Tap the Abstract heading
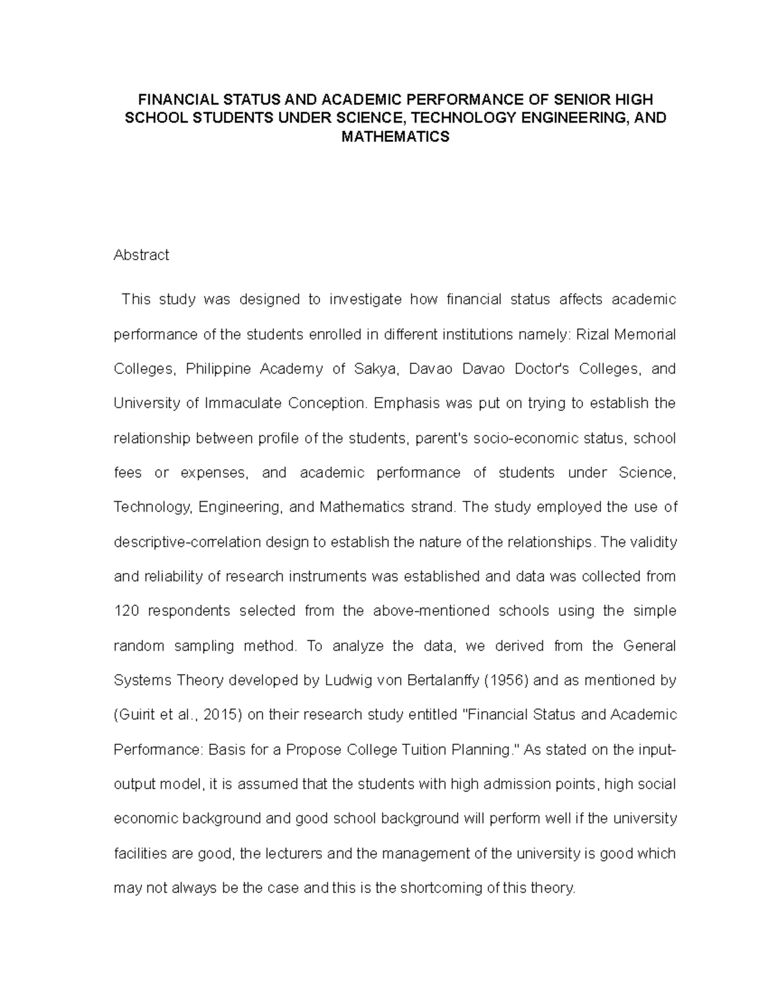click(x=141, y=255)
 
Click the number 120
click(x=125, y=611)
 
